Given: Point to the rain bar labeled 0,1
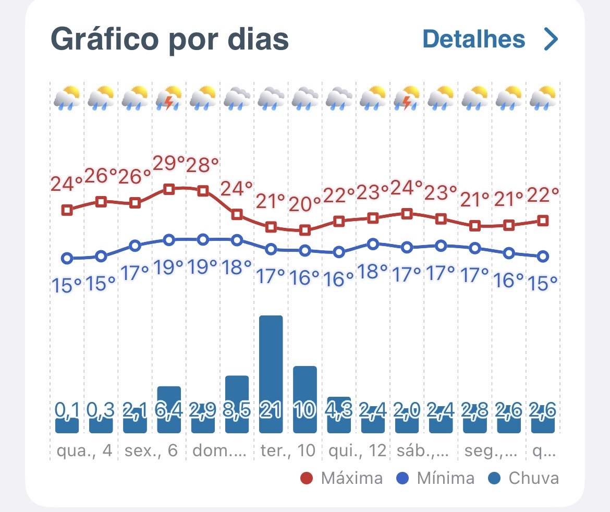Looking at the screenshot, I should [67, 425].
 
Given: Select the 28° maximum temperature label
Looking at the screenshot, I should [202, 165].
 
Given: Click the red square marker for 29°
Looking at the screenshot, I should [169, 189].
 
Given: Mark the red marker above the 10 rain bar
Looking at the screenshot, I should [305, 230].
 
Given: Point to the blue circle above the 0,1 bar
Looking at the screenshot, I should [67, 258].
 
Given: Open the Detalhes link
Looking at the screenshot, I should [473, 39].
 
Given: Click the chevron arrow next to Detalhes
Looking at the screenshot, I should [550, 39].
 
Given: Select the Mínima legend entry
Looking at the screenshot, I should [437, 478].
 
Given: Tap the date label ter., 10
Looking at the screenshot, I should [288, 450].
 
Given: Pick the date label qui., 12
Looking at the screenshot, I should [357, 450].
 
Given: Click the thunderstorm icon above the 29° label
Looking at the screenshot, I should [169, 97].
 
